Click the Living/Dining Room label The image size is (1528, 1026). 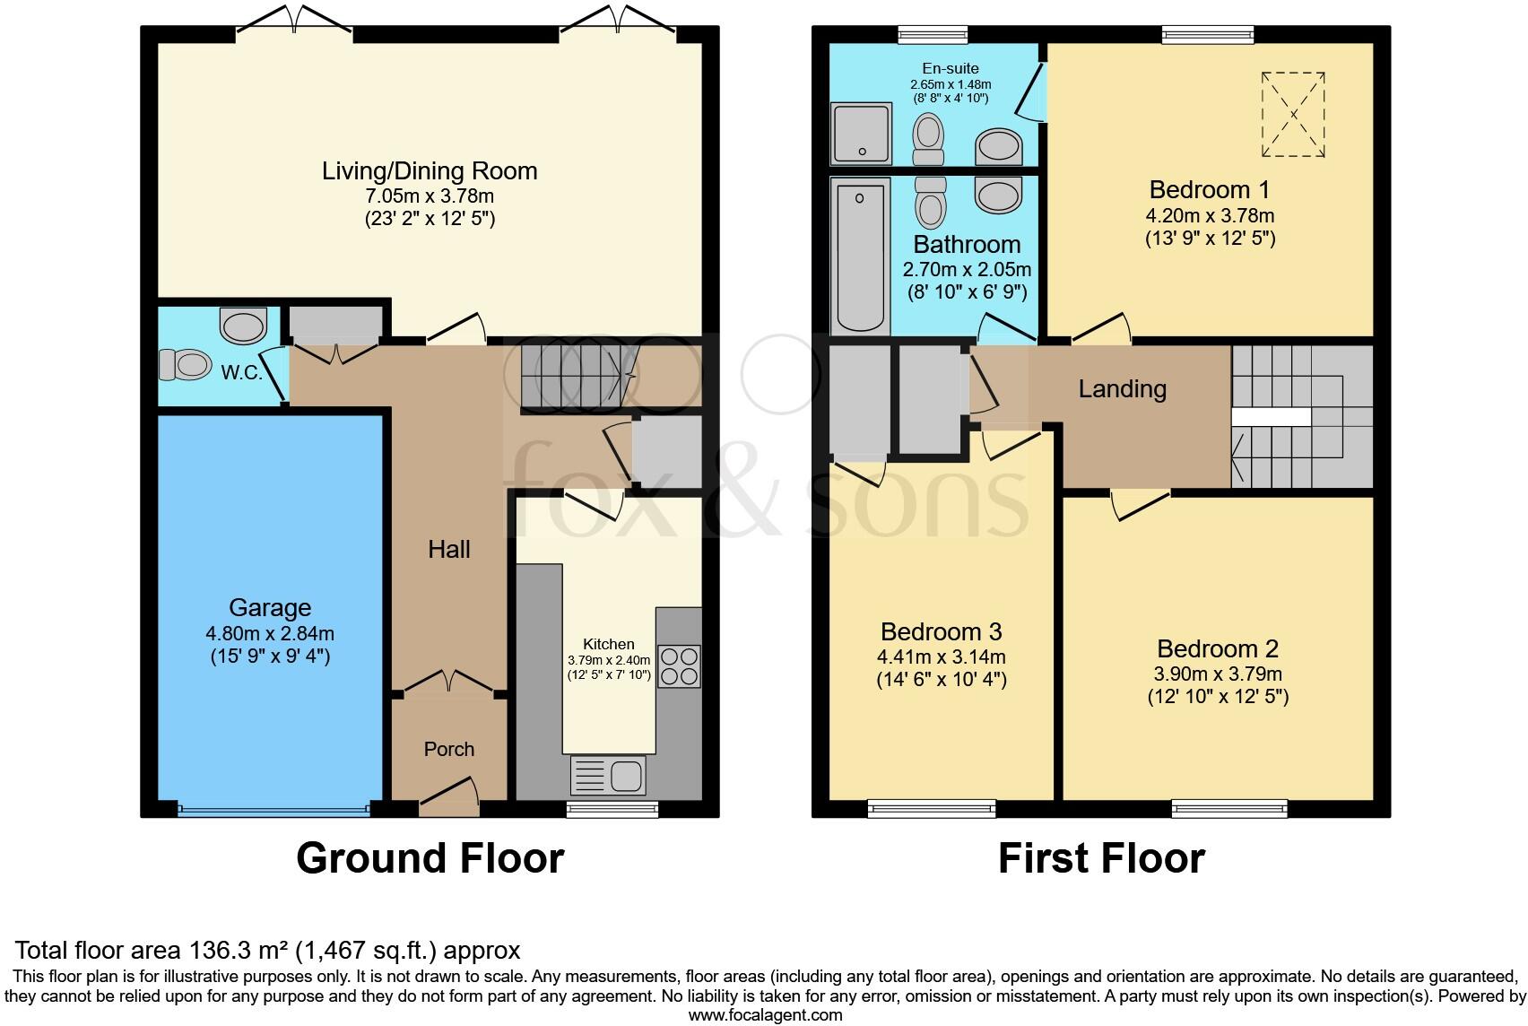pos(430,170)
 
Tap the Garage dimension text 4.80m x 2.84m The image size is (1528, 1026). pos(270,633)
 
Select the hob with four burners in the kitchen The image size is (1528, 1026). pos(680,665)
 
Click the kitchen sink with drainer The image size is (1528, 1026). pos(608,775)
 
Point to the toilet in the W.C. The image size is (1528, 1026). pos(184,365)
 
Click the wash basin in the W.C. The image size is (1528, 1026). pos(244,326)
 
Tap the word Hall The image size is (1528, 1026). pos(449,549)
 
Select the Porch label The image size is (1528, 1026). pos(449,749)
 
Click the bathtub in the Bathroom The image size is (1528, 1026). pos(860,256)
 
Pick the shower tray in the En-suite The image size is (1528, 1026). pos(862,134)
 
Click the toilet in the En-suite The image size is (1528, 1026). pos(928,139)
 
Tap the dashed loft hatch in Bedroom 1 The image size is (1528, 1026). pos(1293,115)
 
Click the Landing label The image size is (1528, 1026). pos(1122,389)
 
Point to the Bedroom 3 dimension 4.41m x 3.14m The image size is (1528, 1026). pos(942,656)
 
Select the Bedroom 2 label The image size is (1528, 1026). pos(1218,648)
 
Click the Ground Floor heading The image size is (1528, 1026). pos(430,858)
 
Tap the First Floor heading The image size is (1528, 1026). pos(1102,858)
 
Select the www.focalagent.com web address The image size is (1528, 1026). pos(765,1015)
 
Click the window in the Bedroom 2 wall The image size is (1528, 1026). pos(1229,809)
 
